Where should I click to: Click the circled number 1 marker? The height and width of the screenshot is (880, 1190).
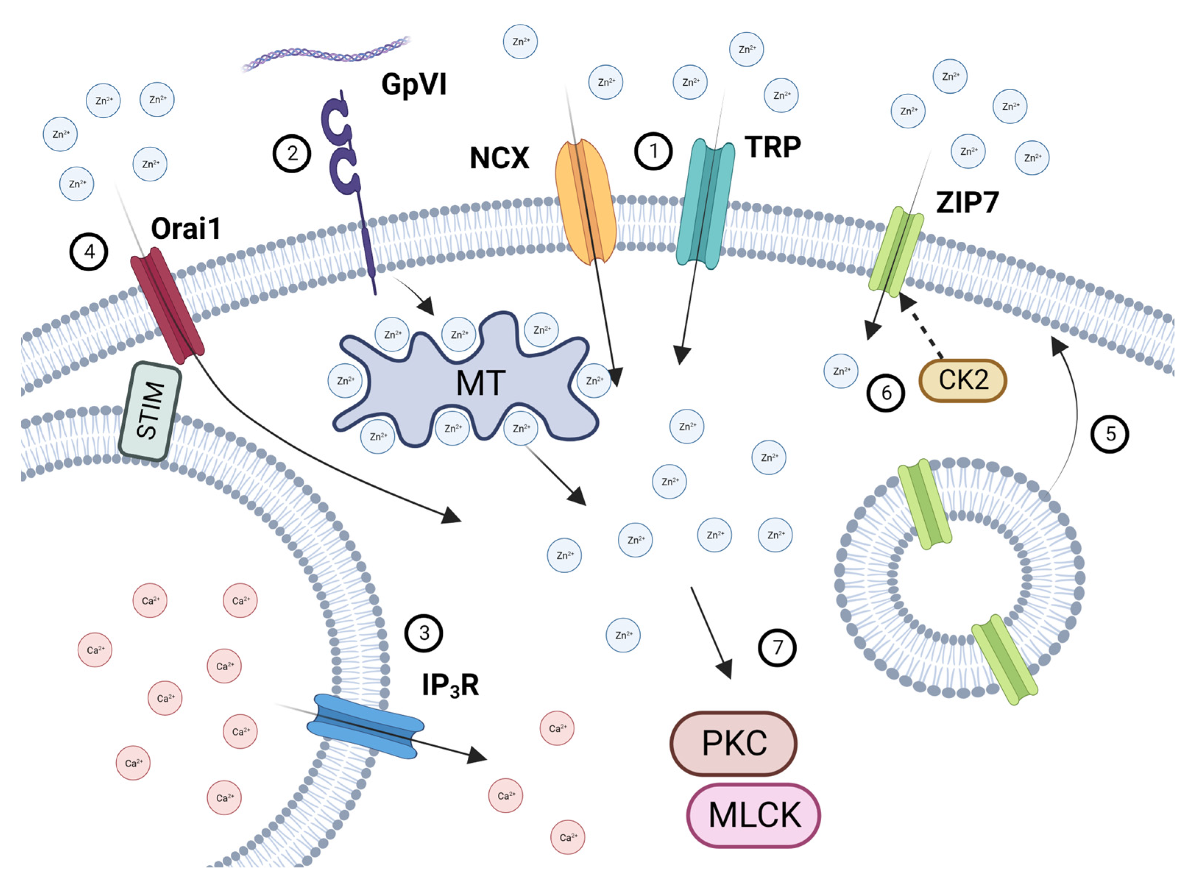pos(653,151)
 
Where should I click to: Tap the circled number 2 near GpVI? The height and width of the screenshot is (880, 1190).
pos(292,153)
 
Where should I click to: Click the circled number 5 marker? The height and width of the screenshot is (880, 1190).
pos(1110,434)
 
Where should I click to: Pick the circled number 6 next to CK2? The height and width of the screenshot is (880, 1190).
pos(886,393)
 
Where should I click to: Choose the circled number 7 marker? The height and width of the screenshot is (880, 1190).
pos(777,648)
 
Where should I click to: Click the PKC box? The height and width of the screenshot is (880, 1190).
pos(733,743)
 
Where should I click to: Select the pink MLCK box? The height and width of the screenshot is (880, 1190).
pos(754,815)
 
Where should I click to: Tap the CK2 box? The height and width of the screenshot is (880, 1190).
pos(963,380)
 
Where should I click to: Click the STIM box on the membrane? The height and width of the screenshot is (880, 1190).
pos(150,411)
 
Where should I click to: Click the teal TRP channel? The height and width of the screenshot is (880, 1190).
pos(705,203)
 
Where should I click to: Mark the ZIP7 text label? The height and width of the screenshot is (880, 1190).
pos(967,202)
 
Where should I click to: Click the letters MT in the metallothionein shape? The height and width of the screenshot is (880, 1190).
pos(481,383)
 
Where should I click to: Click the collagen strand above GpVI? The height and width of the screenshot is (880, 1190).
pos(326,54)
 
